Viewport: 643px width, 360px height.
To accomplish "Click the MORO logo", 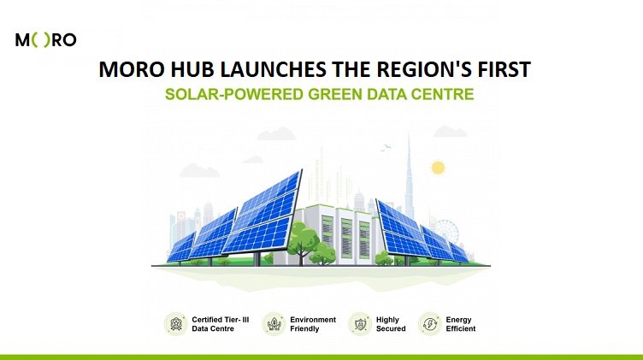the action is (45, 40).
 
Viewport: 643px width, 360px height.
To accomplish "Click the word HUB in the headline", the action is (192, 69).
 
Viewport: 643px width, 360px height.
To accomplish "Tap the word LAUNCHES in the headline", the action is (273, 69).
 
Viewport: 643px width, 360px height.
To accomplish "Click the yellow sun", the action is (438, 168).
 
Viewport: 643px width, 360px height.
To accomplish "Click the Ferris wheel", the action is (446, 232).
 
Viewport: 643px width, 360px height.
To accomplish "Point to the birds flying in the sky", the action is (386, 148).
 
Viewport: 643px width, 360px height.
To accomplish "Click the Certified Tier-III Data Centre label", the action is (221, 324).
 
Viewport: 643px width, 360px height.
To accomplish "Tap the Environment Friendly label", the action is (313, 324).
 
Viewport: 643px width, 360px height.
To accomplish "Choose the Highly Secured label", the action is (391, 324).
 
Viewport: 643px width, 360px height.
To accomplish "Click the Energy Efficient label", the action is (461, 324).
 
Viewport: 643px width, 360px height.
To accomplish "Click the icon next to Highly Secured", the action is (360, 324).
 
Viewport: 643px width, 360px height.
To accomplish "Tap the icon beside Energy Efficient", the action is (430, 324).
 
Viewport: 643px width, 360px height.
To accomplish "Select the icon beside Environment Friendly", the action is (274, 324).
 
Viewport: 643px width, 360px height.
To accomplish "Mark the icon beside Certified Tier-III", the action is (176, 324).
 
